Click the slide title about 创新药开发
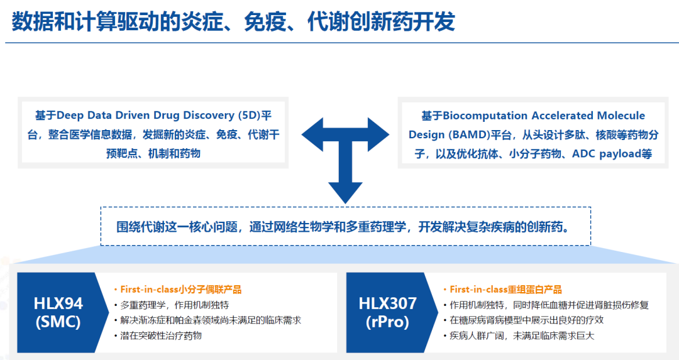click(233, 21)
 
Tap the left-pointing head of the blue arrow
click(312, 134)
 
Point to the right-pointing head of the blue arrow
click(378, 134)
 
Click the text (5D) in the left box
click(250, 116)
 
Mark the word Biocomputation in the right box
click(485, 116)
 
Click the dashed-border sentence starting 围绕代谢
click(345, 227)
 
